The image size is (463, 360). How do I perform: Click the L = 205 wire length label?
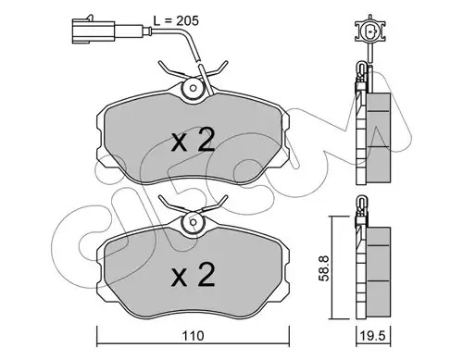[x=176, y=21]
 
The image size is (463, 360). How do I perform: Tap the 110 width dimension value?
[x=193, y=335]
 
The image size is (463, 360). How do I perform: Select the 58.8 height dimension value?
[x=324, y=267]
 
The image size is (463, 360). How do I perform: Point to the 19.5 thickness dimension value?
[x=373, y=335]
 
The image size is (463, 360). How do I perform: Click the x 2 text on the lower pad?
[x=193, y=275]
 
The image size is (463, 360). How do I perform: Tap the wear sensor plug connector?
[x=94, y=31]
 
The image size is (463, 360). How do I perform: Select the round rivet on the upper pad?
[x=193, y=88]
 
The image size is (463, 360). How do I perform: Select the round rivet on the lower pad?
[x=193, y=222]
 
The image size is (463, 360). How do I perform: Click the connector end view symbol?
[x=370, y=31]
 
